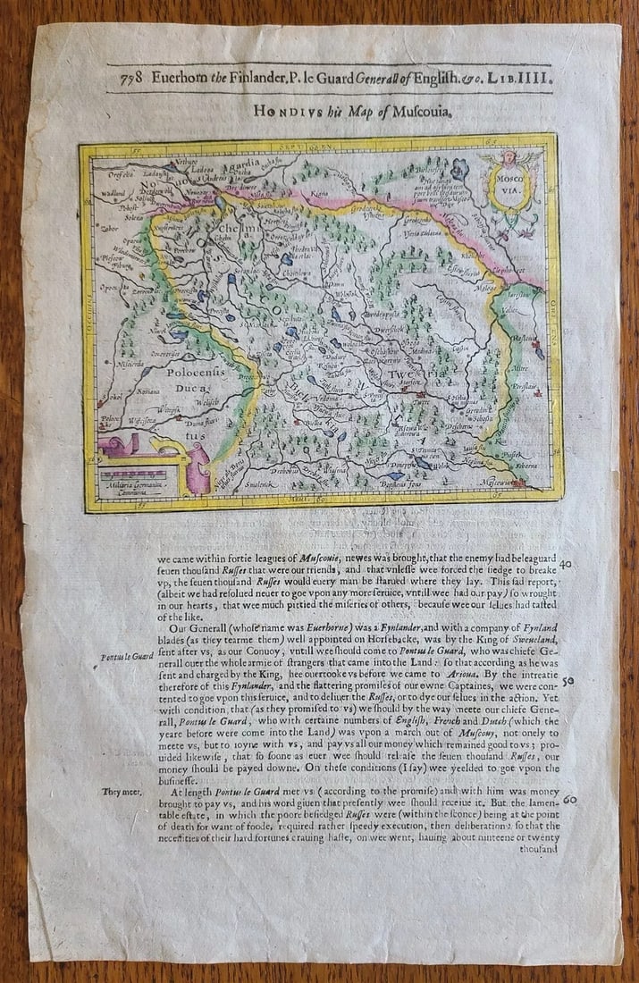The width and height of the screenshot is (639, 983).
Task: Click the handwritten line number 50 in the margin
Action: click(x=569, y=681)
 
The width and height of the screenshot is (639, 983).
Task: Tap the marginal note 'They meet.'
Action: click(x=120, y=791)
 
